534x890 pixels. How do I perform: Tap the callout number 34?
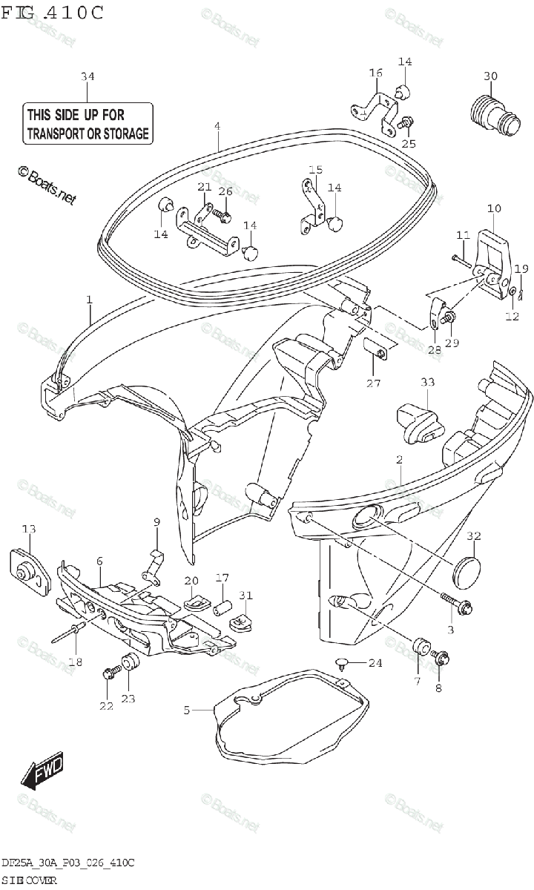point(88,76)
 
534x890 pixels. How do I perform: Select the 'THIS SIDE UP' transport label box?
point(88,124)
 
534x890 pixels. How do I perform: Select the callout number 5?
point(187,710)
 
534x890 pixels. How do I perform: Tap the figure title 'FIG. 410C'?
point(53,13)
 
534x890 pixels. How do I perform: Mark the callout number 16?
point(375,73)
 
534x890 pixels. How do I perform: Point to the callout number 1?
point(89,300)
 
